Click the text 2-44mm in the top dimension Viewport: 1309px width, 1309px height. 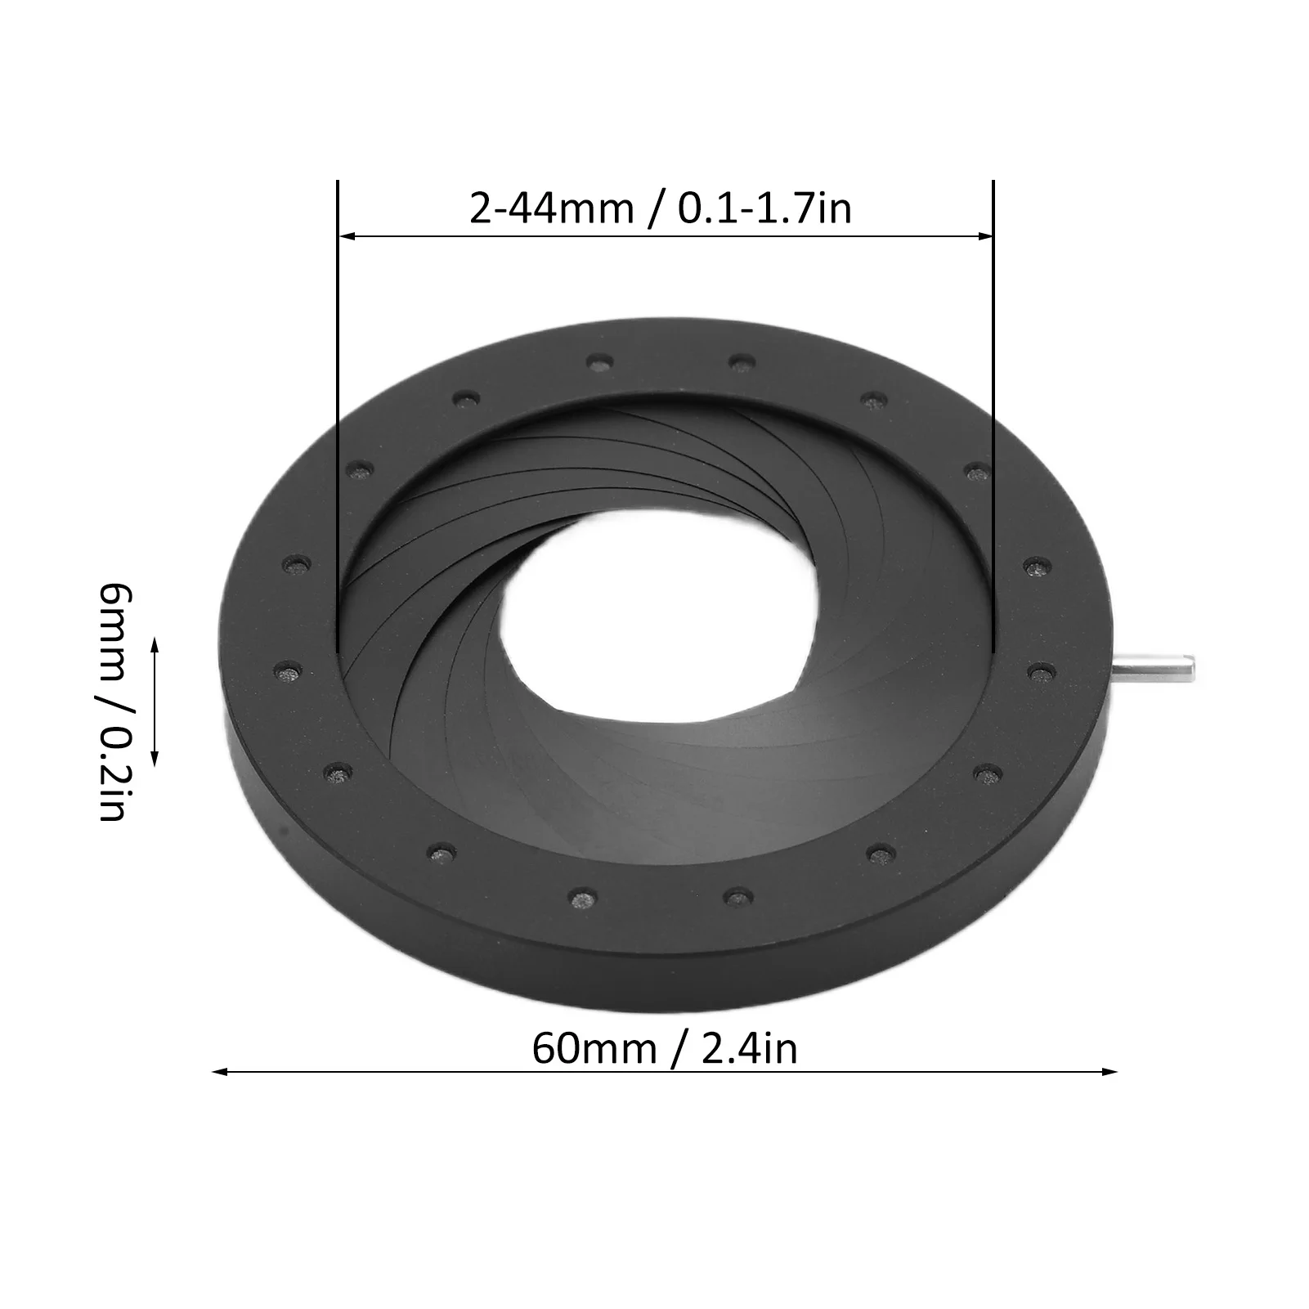coord(551,209)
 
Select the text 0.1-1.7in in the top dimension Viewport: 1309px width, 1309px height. coord(764,209)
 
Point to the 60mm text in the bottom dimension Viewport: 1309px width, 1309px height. coord(594,1048)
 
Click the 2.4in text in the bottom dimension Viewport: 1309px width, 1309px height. coord(749,1048)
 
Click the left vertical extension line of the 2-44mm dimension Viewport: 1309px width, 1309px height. coord(337,409)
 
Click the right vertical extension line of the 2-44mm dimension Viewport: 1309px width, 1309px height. coord(993,409)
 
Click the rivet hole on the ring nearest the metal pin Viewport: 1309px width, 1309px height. coord(1039,671)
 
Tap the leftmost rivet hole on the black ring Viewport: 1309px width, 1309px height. coord(285,672)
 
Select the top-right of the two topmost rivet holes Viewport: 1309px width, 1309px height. coord(741,361)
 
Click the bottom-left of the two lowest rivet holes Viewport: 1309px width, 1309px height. coord(581,898)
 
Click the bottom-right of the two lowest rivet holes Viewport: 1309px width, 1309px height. coord(736,898)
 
